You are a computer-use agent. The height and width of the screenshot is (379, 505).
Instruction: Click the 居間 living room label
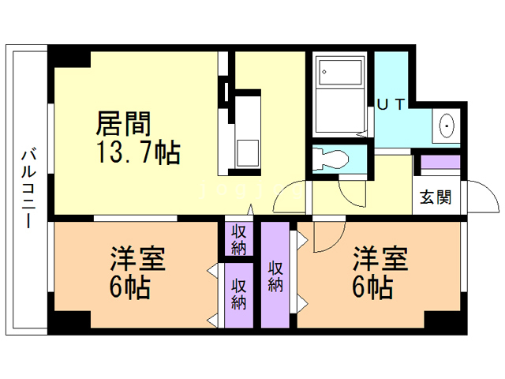point(123,124)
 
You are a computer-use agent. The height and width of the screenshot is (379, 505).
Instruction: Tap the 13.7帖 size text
point(138,152)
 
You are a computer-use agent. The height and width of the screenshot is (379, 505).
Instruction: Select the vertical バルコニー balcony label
point(28,187)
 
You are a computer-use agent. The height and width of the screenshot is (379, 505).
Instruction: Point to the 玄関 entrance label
point(436,197)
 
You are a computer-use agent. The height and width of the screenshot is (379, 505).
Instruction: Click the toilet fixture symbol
point(331,157)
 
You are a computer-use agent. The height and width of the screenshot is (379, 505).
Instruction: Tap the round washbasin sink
point(447,126)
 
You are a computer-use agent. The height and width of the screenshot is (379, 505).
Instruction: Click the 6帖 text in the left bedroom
point(130,287)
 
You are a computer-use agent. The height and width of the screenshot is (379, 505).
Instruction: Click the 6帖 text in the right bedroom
point(372,287)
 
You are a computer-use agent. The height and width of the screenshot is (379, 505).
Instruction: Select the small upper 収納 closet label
point(238,239)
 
